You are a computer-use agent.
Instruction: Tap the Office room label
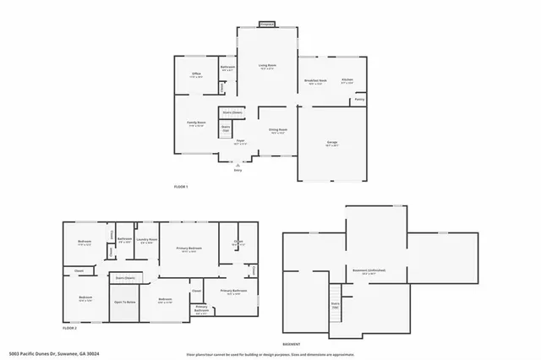tap(196, 74)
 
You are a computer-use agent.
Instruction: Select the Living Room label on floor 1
tap(267, 65)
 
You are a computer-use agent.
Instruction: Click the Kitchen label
tap(347, 81)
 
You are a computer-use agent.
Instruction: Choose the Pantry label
tap(359, 100)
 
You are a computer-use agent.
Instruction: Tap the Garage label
tap(333, 142)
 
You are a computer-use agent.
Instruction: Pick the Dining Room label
tap(278, 129)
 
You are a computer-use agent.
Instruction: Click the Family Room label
tap(196, 123)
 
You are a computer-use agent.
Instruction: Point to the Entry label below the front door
tap(238, 171)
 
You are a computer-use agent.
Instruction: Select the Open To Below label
tap(125, 302)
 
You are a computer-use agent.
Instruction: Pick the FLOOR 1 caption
tap(181, 186)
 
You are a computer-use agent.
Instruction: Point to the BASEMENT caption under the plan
tap(292, 345)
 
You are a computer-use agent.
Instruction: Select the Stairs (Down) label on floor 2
tap(125, 276)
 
